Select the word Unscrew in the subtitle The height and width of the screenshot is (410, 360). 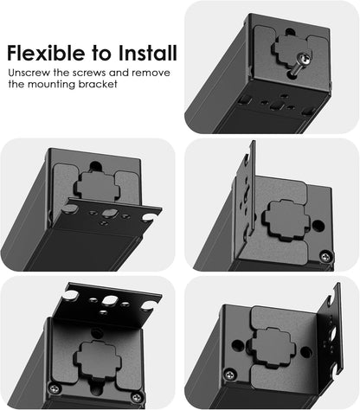coord(31,75)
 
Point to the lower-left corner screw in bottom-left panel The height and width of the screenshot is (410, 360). coord(54,388)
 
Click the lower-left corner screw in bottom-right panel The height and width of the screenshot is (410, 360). coord(229,374)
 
